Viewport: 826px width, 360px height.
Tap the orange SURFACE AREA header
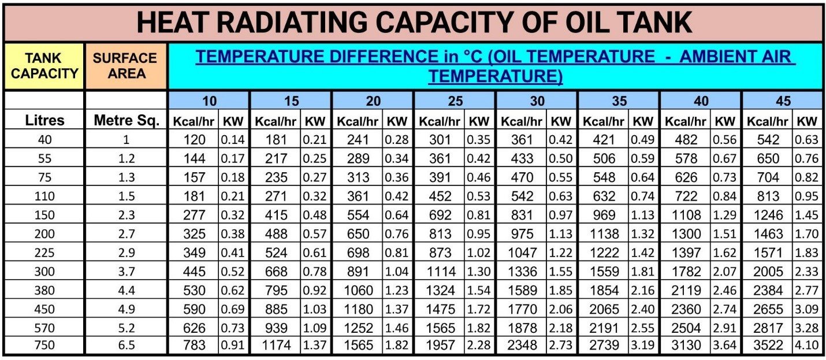(125, 66)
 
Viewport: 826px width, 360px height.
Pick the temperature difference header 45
(783, 101)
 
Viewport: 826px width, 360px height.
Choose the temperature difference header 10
(209, 101)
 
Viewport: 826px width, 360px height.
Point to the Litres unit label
(44, 121)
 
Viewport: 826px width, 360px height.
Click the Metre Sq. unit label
(126, 121)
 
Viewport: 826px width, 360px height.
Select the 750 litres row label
(44, 346)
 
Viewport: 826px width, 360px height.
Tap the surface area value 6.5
(126, 346)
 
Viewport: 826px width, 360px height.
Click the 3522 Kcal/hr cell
(768, 346)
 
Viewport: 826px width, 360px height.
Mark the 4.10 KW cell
(806, 346)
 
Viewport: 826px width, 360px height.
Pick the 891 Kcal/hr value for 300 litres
(358, 271)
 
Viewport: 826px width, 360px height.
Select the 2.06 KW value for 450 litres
(560, 309)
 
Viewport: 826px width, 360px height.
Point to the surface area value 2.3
(126, 215)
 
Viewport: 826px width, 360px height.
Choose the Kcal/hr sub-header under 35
(604, 121)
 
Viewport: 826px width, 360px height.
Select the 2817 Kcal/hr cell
(768, 328)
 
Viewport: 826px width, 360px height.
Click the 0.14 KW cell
(232, 140)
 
